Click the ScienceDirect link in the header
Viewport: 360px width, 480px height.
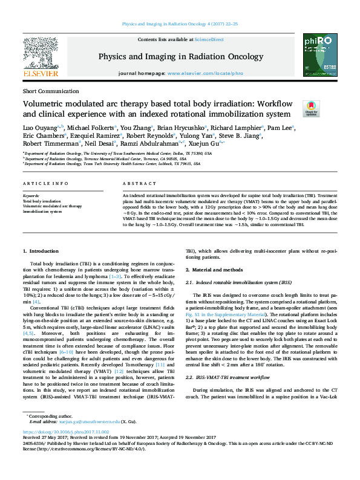[210, 39]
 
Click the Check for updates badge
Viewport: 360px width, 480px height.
[311, 108]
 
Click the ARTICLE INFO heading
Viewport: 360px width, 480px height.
[45, 183]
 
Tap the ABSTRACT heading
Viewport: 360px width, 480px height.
[136, 183]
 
